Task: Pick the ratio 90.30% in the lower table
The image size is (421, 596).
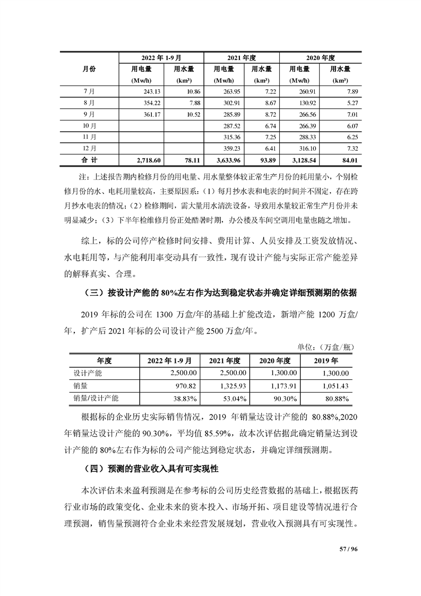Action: (281, 398)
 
